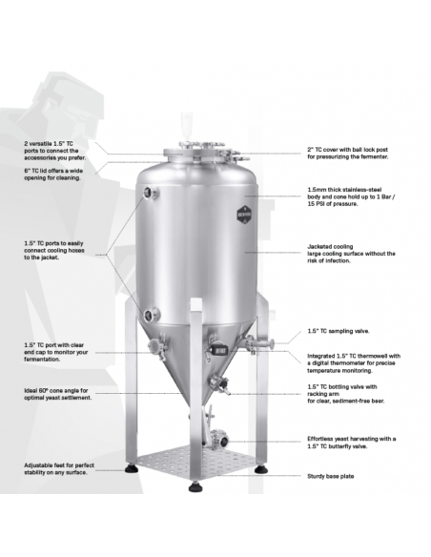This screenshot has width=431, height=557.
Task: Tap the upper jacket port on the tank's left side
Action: (148, 192)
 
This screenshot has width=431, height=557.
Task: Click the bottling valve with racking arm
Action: (225, 383)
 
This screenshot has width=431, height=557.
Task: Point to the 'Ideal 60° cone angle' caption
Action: (57, 394)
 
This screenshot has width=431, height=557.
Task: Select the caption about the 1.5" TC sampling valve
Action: (339, 332)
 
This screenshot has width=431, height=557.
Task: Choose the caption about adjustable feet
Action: (57, 469)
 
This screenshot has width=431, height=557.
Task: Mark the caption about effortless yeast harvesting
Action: (351, 442)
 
